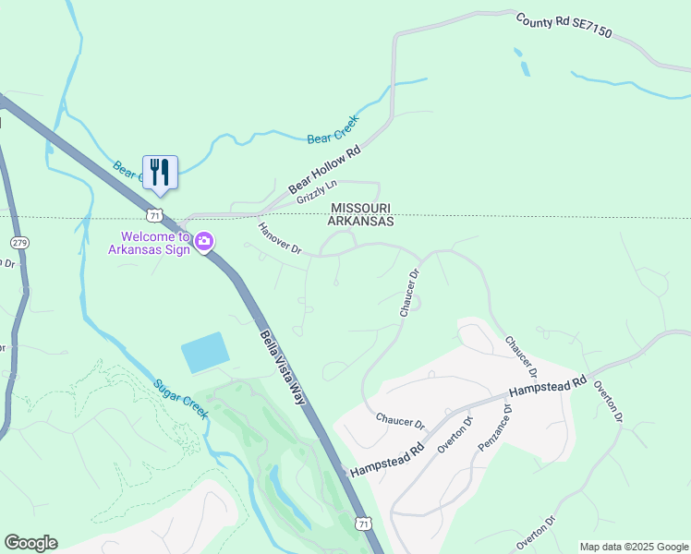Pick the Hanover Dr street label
[x=280, y=238]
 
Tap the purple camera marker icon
[x=204, y=242]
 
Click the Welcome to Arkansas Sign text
[x=150, y=243]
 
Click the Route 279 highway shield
[x=19, y=242]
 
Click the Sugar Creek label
[x=180, y=399]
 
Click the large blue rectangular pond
[x=203, y=353]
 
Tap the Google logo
[x=30, y=543]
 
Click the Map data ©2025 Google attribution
[x=634, y=547]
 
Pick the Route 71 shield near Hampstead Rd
[x=363, y=524]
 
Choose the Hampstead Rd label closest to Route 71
[x=386, y=455]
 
